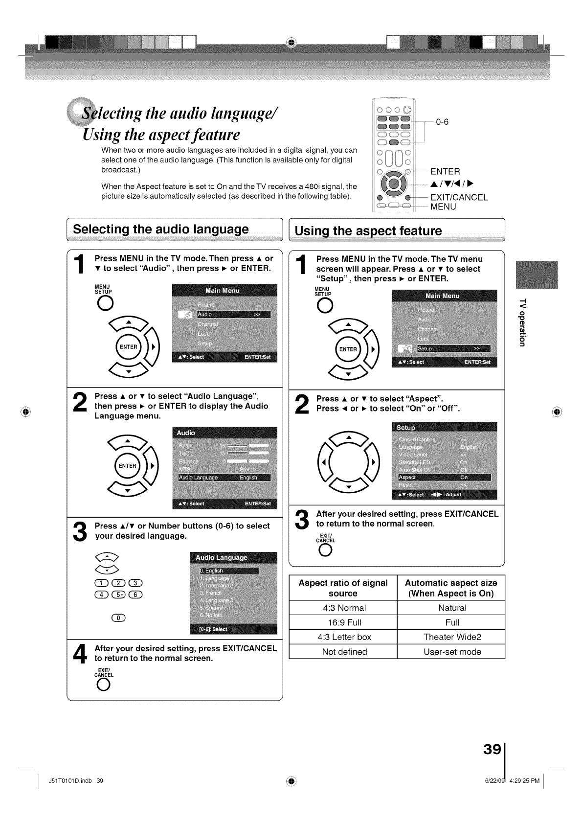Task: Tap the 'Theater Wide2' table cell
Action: (x=452, y=637)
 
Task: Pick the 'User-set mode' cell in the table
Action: (x=452, y=652)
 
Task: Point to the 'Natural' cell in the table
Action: (x=452, y=608)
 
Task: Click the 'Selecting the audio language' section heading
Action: (x=161, y=229)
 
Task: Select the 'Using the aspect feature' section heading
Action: (x=368, y=231)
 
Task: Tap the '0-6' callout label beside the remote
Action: (x=442, y=122)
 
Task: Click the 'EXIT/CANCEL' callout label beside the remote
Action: (x=459, y=197)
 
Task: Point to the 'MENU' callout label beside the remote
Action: (x=443, y=206)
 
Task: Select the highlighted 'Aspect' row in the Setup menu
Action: (x=444, y=477)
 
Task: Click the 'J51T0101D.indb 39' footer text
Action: (x=76, y=780)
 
